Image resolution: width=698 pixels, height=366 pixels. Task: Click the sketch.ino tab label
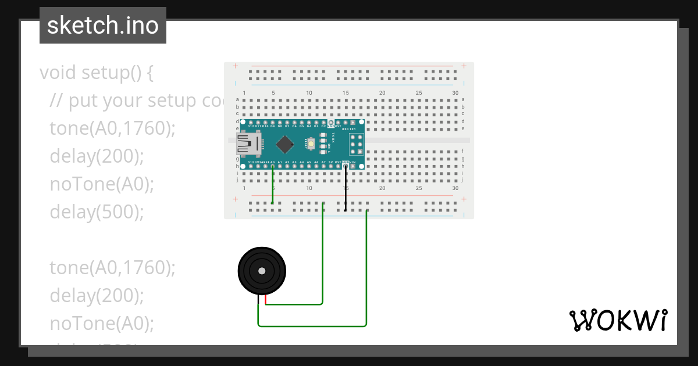click(x=103, y=26)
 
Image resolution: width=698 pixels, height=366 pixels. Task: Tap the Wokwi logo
click(x=618, y=321)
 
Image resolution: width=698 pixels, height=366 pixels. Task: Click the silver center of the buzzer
click(x=262, y=271)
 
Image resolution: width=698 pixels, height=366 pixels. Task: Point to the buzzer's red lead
click(x=266, y=299)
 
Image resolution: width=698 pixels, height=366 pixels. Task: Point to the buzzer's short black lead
click(x=258, y=300)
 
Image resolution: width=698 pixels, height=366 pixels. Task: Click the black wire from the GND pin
click(x=346, y=189)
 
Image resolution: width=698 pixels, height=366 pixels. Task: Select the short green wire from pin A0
click(x=272, y=186)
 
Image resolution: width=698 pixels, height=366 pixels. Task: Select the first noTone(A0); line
click(x=102, y=184)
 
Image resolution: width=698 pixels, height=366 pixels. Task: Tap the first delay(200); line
click(x=97, y=156)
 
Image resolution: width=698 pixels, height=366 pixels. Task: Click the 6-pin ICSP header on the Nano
click(x=356, y=144)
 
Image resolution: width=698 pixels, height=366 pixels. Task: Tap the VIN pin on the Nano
click(x=352, y=166)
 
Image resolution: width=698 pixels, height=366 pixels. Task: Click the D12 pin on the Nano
click(x=251, y=123)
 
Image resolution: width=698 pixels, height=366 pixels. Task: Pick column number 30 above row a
click(x=455, y=93)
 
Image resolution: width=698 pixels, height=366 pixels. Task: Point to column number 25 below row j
click(x=419, y=188)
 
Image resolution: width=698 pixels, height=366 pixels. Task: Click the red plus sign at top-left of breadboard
click(x=235, y=66)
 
